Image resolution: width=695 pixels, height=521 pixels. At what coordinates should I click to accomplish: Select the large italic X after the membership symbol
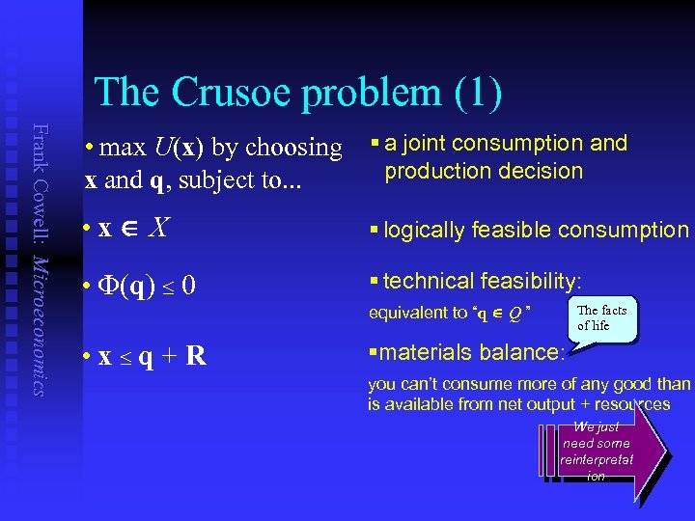[x=161, y=228]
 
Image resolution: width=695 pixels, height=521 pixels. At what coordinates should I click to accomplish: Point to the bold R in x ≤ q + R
[x=195, y=356]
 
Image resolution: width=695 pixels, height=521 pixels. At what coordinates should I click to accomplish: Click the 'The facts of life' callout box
[x=602, y=318]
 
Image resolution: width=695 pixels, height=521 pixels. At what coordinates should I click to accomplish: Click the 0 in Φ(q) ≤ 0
[x=189, y=288]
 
